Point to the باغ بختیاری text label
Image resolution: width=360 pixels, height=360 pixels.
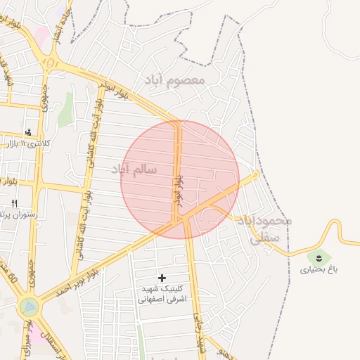pyautogui.click(x=319, y=269)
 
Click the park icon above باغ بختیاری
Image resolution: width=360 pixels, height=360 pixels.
pyautogui.click(x=319, y=257)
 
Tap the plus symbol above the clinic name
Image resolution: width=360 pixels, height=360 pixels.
pyautogui.click(x=163, y=278)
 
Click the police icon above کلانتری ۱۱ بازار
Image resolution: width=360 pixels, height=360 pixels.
pyautogui.click(x=28, y=131)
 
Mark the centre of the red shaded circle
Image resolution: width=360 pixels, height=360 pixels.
pyautogui.click(x=180, y=179)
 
